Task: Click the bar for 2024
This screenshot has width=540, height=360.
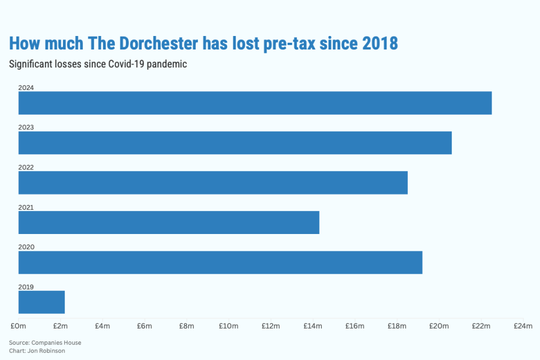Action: [255, 103]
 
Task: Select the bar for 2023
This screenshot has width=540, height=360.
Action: [235, 143]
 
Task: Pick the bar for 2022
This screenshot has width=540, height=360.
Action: [213, 183]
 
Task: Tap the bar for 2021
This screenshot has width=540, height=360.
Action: [169, 223]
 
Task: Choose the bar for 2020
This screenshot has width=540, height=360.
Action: [220, 263]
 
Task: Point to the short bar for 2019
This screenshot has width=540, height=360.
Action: [42, 302]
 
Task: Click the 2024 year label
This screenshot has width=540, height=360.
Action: [26, 88]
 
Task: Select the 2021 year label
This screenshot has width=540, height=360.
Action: [26, 208]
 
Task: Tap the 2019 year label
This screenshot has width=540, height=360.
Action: [26, 287]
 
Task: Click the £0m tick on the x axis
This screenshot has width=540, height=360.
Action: [18, 326]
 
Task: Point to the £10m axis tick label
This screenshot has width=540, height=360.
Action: [229, 326]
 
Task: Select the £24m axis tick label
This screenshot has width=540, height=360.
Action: [523, 326]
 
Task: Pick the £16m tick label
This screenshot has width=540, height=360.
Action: [355, 326]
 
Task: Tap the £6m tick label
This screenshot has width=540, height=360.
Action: [145, 326]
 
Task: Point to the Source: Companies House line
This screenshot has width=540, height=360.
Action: [45, 343]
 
